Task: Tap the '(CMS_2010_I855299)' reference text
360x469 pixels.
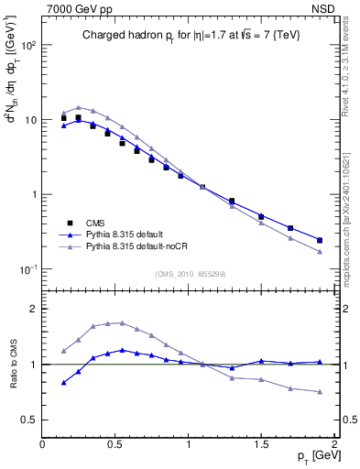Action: pos(188,274)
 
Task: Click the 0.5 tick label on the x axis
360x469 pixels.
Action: pos(115,444)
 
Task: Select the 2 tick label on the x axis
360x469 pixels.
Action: pos(334,444)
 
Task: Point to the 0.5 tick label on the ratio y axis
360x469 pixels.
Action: pos(30,420)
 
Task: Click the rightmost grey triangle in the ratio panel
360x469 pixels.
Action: pos(320,392)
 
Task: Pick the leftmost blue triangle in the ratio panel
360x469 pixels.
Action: pos(63,383)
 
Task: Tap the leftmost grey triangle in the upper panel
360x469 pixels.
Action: pos(63,113)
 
